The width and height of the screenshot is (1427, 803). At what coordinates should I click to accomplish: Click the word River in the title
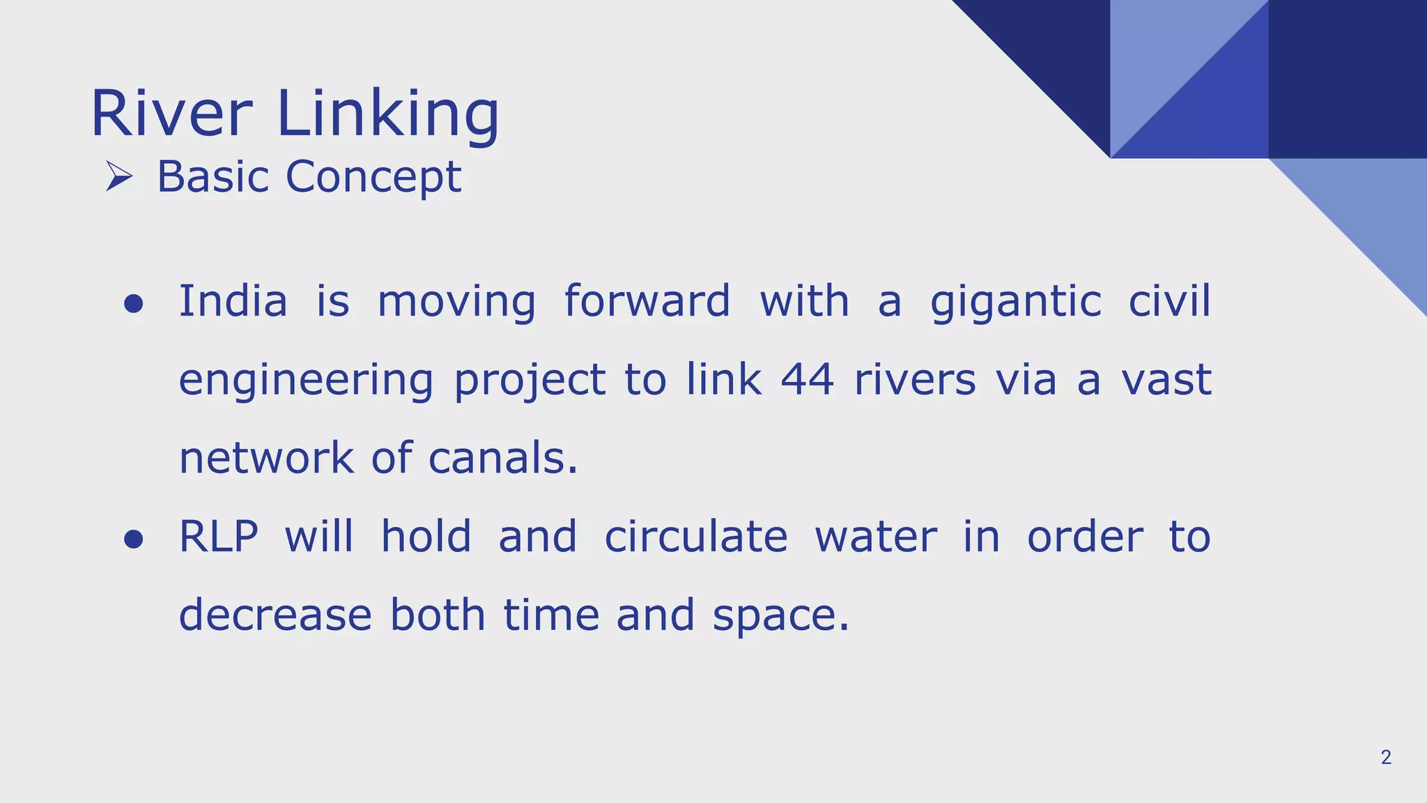171,114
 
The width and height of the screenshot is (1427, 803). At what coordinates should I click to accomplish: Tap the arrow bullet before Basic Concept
119,176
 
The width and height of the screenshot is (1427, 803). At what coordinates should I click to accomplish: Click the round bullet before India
133,304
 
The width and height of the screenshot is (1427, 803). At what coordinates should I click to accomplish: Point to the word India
233,302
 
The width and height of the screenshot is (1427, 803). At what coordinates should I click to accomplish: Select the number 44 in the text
807,381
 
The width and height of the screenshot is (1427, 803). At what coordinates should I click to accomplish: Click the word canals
502,459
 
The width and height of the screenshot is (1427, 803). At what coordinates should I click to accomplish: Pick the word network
266,459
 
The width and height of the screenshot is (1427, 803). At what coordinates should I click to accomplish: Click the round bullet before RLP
133,539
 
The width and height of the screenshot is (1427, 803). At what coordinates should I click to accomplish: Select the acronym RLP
218,537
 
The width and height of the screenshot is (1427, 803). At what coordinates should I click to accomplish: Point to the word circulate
695,537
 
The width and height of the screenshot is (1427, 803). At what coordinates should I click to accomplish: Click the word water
875,538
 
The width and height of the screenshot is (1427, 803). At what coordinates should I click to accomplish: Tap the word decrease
275,615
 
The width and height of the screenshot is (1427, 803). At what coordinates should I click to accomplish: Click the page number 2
1385,758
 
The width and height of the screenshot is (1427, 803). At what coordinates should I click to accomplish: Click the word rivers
915,381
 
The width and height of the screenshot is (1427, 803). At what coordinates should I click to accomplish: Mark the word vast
1166,381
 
